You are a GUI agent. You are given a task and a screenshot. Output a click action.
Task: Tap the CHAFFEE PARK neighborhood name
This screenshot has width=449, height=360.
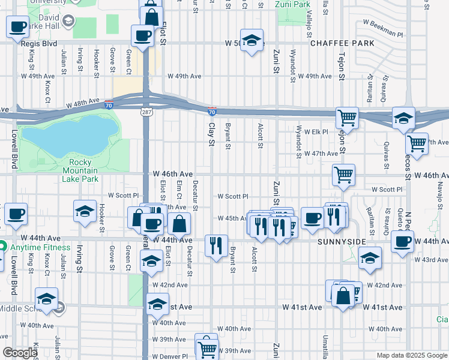click(x=342, y=43)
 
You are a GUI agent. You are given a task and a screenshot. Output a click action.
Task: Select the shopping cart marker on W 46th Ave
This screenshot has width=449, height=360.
click(x=343, y=175)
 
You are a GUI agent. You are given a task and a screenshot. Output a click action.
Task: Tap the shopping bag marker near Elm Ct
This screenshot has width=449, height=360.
click(x=179, y=225)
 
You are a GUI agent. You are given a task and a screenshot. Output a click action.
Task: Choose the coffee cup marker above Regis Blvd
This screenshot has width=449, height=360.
click(x=18, y=26)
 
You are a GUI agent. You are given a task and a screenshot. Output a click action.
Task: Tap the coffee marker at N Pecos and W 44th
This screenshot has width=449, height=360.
click(x=402, y=242)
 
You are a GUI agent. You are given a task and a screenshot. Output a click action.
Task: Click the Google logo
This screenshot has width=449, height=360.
click(x=19, y=353)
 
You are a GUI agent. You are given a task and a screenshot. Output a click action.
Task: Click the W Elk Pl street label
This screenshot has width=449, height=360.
click(x=316, y=131)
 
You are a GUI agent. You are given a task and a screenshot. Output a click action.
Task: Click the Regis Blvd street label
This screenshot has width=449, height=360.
click(x=40, y=43)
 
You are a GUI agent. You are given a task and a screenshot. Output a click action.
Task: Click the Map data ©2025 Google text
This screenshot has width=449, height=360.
click(x=411, y=355)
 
